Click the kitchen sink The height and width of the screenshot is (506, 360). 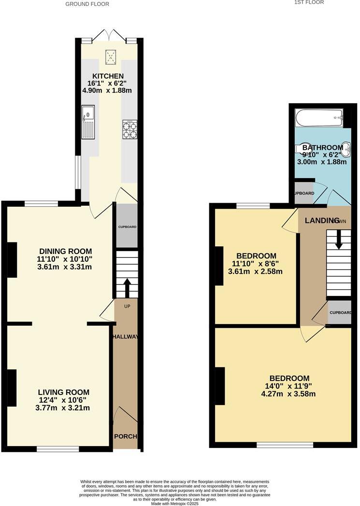pyautogui.click(x=88, y=122)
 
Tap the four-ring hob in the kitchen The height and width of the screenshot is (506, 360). pyautogui.click(x=130, y=129)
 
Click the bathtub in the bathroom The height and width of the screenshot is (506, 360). pyautogui.click(x=319, y=117)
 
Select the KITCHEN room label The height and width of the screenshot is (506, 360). pyautogui.click(x=108, y=76)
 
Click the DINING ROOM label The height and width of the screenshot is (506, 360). pyautogui.click(x=65, y=251)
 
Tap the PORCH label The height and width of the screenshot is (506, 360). pyautogui.click(x=125, y=436)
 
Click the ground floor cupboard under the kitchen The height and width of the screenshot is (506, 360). pyautogui.click(x=128, y=226)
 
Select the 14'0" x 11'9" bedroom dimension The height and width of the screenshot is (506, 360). pyautogui.click(x=289, y=386)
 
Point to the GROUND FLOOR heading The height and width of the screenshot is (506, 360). pyautogui.click(x=87, y=4)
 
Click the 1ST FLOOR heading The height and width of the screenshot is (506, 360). pyautogui.click(x=309, y=2)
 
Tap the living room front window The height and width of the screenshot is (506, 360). pyautogui.click(x=58, y=449)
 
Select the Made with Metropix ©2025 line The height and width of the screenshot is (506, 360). pyautogui.click(x=175, y=503)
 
